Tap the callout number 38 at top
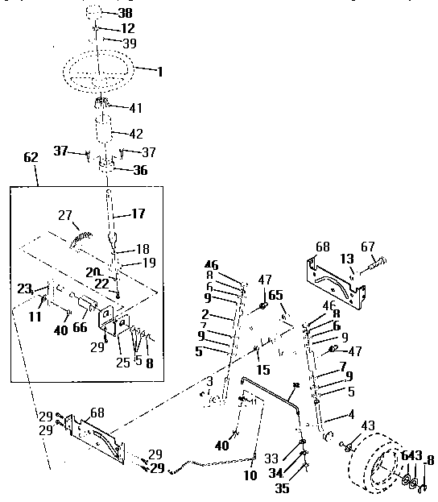click(x=126, y=14)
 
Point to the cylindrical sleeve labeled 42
click(x=103, y=131)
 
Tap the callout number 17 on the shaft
click(x=139, y=215)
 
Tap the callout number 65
click(x=276, y=296)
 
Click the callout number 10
click(x=250, y=476)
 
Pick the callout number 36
click(x=140, y=170)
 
